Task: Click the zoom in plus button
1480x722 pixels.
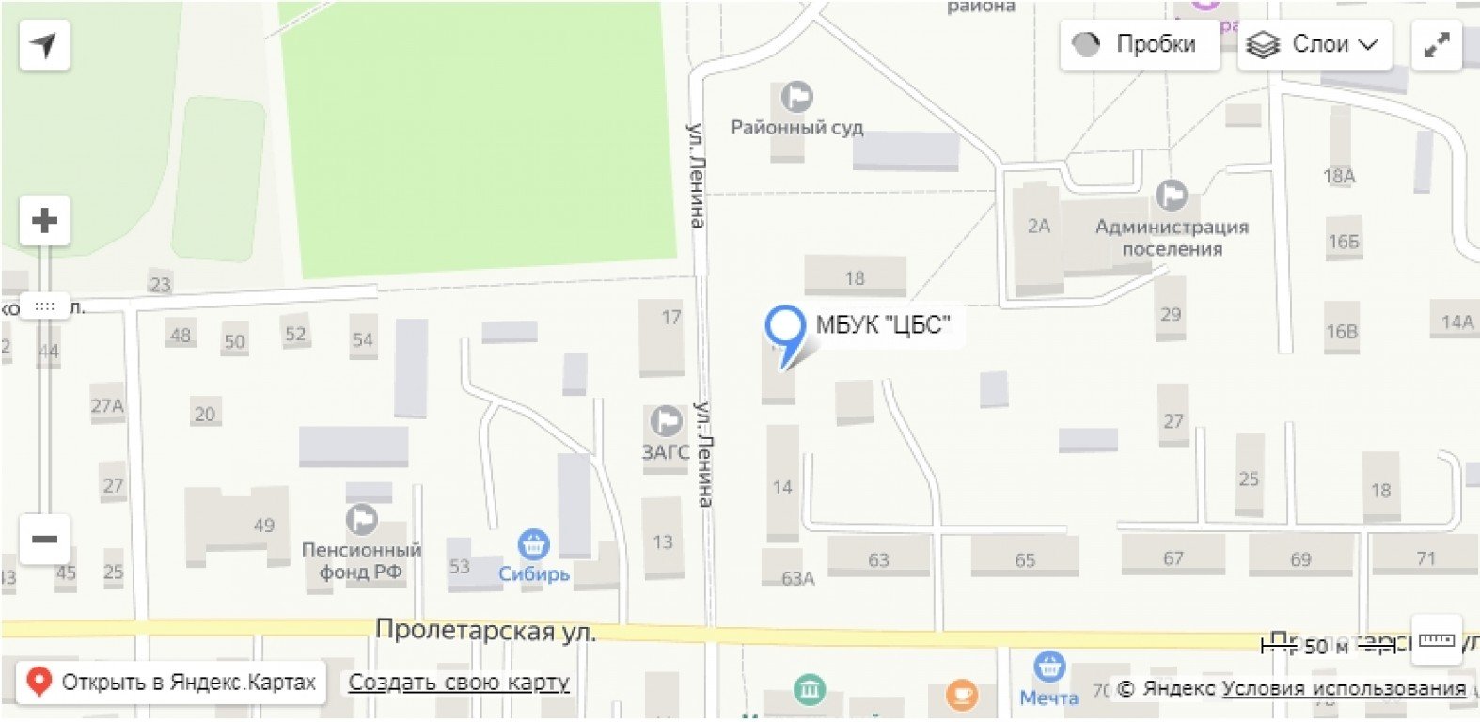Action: (x=44, y=221)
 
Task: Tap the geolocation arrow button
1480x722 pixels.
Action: (x=44, y=44)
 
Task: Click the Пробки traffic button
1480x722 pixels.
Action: (x=1139, y=44)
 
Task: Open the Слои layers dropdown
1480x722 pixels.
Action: (x=1314, y=44)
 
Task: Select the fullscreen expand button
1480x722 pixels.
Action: (x=1436, y=44)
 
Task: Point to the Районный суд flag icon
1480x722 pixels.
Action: (x=797, y=96)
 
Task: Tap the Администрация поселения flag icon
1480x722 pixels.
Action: (x=1172, y=196)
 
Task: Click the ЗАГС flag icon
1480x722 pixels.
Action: (x=667, y=421)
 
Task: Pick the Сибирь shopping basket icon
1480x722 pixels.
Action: (x=534, y=543)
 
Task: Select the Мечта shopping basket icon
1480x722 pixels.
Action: (x=1049, y=667)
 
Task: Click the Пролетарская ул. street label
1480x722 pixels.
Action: (x=485, y=630)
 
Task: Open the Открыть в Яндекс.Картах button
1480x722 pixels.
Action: (x=171, y=682)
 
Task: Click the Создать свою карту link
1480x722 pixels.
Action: (x=459, y=682)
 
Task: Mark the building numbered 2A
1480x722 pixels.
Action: (x=1038, y=226)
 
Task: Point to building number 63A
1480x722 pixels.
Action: (x=797, y=578)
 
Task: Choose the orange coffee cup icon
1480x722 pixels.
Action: (x=960, y=696)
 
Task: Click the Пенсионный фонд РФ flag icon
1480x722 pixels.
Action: (x=362, y=519)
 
